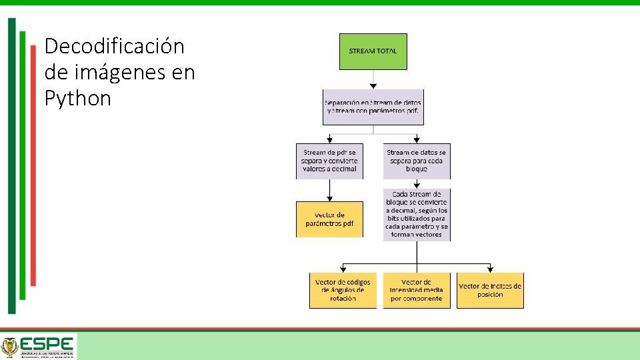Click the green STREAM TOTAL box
pos(373,51)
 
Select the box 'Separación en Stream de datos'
pos(373,107)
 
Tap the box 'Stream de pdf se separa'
pos(330,161)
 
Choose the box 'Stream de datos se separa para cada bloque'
pos(416,161)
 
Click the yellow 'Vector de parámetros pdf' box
pos(330,219)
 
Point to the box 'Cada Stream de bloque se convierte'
pos(416,214)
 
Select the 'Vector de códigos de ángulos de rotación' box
pos(343,291)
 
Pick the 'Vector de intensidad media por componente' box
pos(416,291)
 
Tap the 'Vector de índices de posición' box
pos(490,291)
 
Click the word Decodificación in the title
pos(114,47)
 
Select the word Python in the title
pos(77,99)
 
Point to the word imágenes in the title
pos(106,72)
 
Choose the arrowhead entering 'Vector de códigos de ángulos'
pos(343,269)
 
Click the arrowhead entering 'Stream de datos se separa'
pos(416,139)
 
